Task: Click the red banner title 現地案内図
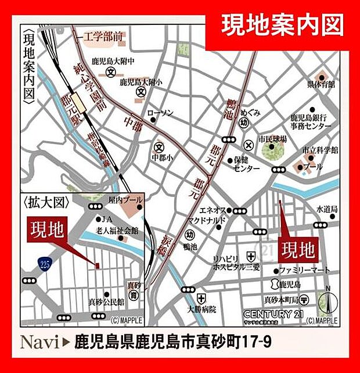point(282,25)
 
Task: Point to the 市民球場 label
point(273,139)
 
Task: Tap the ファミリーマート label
point(304,270)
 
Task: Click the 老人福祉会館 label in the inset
point(116,230)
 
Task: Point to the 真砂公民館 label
point(106,302)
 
